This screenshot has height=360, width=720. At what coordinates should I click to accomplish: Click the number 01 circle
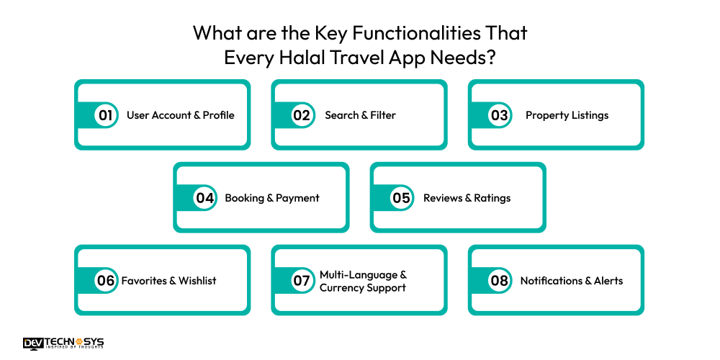click(106, 115)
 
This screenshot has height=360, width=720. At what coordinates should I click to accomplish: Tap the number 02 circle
click(301, 115)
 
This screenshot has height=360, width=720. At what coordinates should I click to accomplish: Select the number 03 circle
click(499, 115)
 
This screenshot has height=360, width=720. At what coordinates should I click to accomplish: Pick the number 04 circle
click(205, 198)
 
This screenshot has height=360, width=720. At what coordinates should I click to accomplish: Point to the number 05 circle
click(401, 198)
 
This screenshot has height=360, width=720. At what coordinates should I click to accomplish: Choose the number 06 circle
click(106, 281)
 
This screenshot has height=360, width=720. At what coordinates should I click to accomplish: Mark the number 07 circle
click(301, 281)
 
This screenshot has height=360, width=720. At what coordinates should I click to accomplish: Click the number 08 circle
click(499, 281)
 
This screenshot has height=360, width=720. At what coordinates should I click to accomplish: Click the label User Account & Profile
click(181, 115)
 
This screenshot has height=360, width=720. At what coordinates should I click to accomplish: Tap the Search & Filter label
click(360, 115)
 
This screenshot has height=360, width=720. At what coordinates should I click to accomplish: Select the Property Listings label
click(567, 115)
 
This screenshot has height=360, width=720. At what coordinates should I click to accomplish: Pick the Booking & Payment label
click(272, 198)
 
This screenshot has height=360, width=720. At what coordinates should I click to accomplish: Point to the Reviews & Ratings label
click(467, 198)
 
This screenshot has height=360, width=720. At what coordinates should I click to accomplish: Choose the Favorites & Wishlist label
click(168, 281)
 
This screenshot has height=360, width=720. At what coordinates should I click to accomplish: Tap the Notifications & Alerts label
click(572, 281)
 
